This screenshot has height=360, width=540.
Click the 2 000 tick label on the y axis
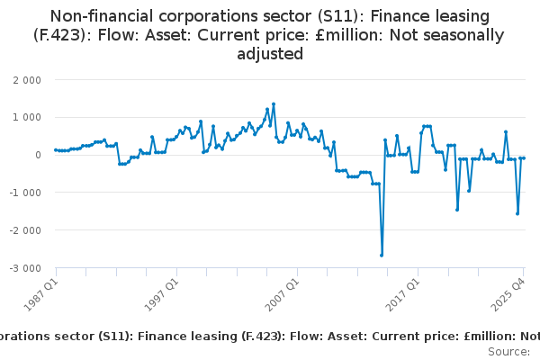coord(25,79)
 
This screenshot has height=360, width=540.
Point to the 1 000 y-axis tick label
coord(25,117)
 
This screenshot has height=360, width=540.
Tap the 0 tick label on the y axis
coord(37,155)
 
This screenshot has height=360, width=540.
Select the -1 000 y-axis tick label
coord(23,193)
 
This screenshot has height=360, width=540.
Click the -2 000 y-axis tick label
coord(23,230)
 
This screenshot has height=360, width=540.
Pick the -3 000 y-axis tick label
coord(23,268)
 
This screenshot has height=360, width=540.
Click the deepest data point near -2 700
coord(382,255)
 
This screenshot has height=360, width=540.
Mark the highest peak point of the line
coord(274,103)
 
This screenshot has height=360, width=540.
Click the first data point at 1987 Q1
coord(56,150)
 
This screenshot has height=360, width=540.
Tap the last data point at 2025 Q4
coord(523,158)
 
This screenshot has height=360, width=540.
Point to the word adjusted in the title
coord(270,54)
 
